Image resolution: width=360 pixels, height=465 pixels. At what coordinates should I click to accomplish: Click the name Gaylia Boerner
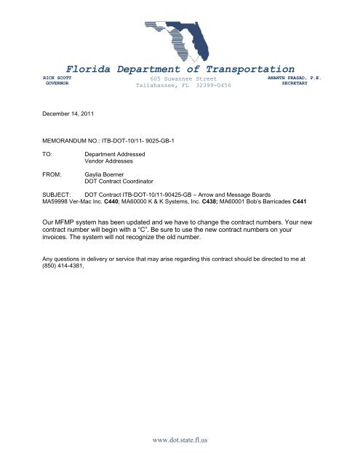(107, 175)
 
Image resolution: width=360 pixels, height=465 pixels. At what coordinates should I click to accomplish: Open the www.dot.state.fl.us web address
(180, 440)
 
